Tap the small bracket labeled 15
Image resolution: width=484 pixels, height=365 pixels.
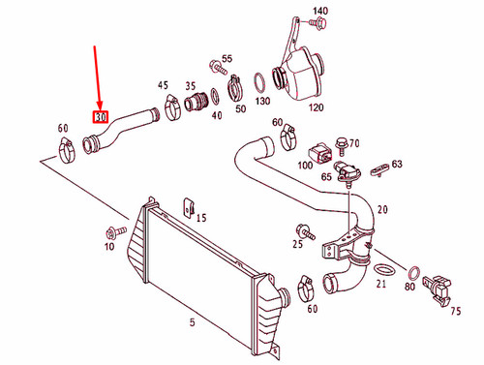(190, 207)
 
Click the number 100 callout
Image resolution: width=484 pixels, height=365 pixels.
(305, 166)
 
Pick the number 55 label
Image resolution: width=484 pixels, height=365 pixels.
(227, 59)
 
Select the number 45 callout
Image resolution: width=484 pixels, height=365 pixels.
(163, 85)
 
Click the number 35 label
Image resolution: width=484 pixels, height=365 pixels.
(191, 85)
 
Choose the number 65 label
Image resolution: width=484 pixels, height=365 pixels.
(326, 177)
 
